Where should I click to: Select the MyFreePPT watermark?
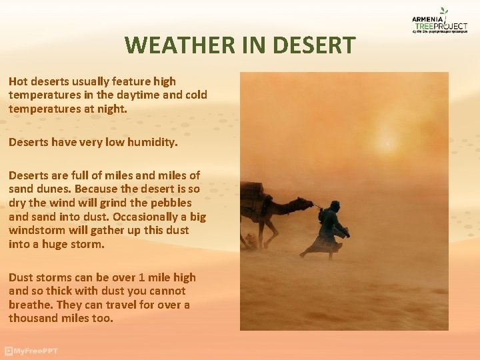coord(32,351)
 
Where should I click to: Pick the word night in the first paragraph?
coord(111,108)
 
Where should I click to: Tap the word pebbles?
coord(169,203)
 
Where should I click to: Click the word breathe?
coord(31,305)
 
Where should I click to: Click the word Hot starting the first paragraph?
coord(18,81)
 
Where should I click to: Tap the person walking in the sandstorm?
coord(329,230)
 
